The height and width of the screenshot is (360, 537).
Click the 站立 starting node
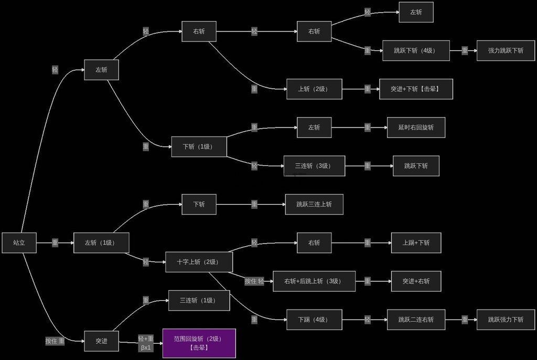[x=19, y=243]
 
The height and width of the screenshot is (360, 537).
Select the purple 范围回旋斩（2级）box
[x=199, y=343]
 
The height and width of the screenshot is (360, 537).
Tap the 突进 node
[x=101, y=341]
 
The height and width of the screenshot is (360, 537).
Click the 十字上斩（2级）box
[x=199, y=262]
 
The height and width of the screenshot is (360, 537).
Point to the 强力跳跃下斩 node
[x=506, y=51]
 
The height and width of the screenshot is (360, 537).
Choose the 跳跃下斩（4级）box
[x=416, y=51]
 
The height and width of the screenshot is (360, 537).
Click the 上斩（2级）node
[x=314, y=89]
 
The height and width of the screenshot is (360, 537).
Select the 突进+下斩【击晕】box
[x=416, y=89]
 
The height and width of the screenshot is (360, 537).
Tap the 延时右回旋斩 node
[x=416, y=128]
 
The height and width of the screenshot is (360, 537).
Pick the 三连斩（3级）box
[x=314, y=166]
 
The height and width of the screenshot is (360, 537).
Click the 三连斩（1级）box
[x=199, y=300]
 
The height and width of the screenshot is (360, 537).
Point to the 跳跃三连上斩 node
[x=314, y=204]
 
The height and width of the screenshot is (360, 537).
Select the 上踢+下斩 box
[x=416, y=243]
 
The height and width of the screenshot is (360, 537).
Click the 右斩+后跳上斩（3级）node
[x=314, y=281]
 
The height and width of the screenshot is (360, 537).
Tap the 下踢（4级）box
[x=314, y=320]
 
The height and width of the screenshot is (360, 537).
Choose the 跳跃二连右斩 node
[x=416, y=320]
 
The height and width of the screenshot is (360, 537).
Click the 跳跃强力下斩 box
[x=506, y=320]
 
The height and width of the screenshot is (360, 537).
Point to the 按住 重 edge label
[x=55, y=341]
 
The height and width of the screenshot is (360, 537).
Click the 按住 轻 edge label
[x=254, y=281]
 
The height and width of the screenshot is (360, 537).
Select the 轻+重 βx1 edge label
[x=146, y=343]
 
